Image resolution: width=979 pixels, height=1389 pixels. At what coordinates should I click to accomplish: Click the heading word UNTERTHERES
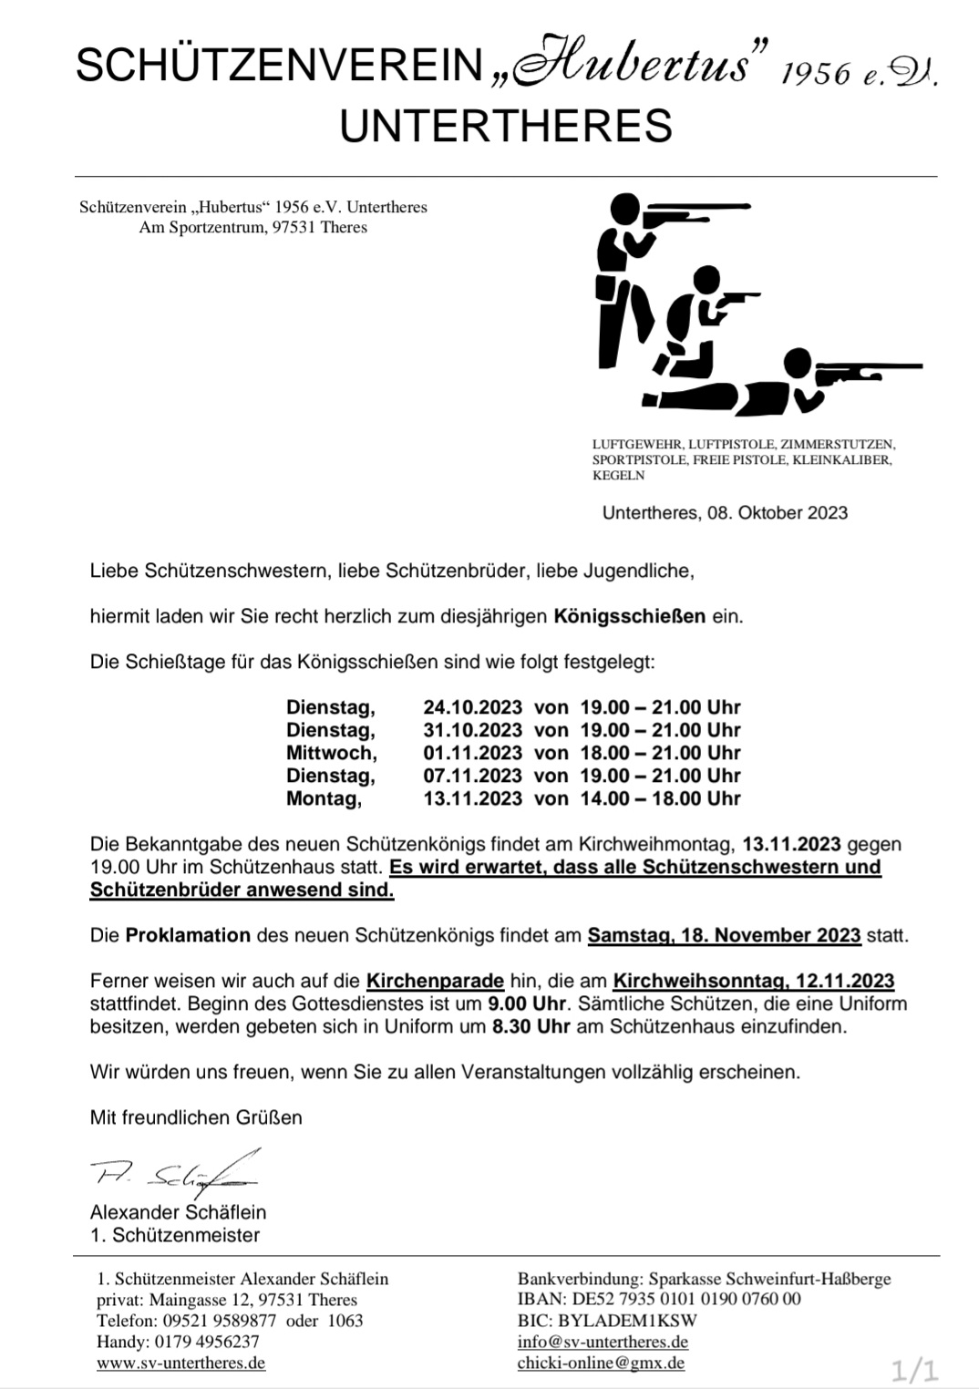(506, 126)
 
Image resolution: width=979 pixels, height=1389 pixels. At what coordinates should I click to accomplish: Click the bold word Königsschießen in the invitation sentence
(629, 616)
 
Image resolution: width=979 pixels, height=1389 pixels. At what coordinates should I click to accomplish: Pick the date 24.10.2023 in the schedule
(472, 707)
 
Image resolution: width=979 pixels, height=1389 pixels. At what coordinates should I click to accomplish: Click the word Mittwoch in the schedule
(330, 753)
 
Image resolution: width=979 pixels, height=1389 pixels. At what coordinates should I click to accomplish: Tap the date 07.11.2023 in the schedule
(472, 776)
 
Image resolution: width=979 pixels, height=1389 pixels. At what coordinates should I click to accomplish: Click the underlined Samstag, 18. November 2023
(724, 935)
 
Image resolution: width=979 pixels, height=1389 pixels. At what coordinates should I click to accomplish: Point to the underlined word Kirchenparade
(435, 982)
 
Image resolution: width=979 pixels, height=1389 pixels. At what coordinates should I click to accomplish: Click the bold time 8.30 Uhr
(531, 1027)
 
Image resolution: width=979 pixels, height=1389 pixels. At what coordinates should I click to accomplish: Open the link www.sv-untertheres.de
(180, 1363)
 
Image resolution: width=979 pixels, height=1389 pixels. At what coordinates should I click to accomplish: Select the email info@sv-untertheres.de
(603, 1342)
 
